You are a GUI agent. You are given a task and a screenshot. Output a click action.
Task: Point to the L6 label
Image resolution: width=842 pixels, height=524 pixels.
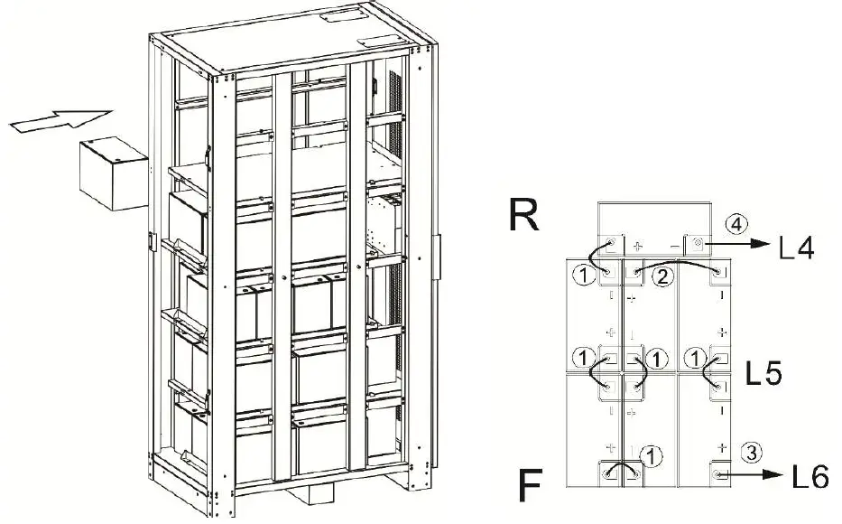808,476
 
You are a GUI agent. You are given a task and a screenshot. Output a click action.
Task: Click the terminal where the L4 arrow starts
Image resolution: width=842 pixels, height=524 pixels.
699,244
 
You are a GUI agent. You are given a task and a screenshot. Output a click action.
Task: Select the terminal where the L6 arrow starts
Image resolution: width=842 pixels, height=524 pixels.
718,473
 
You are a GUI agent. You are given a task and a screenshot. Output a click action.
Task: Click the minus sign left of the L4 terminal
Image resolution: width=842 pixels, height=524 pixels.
674,245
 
